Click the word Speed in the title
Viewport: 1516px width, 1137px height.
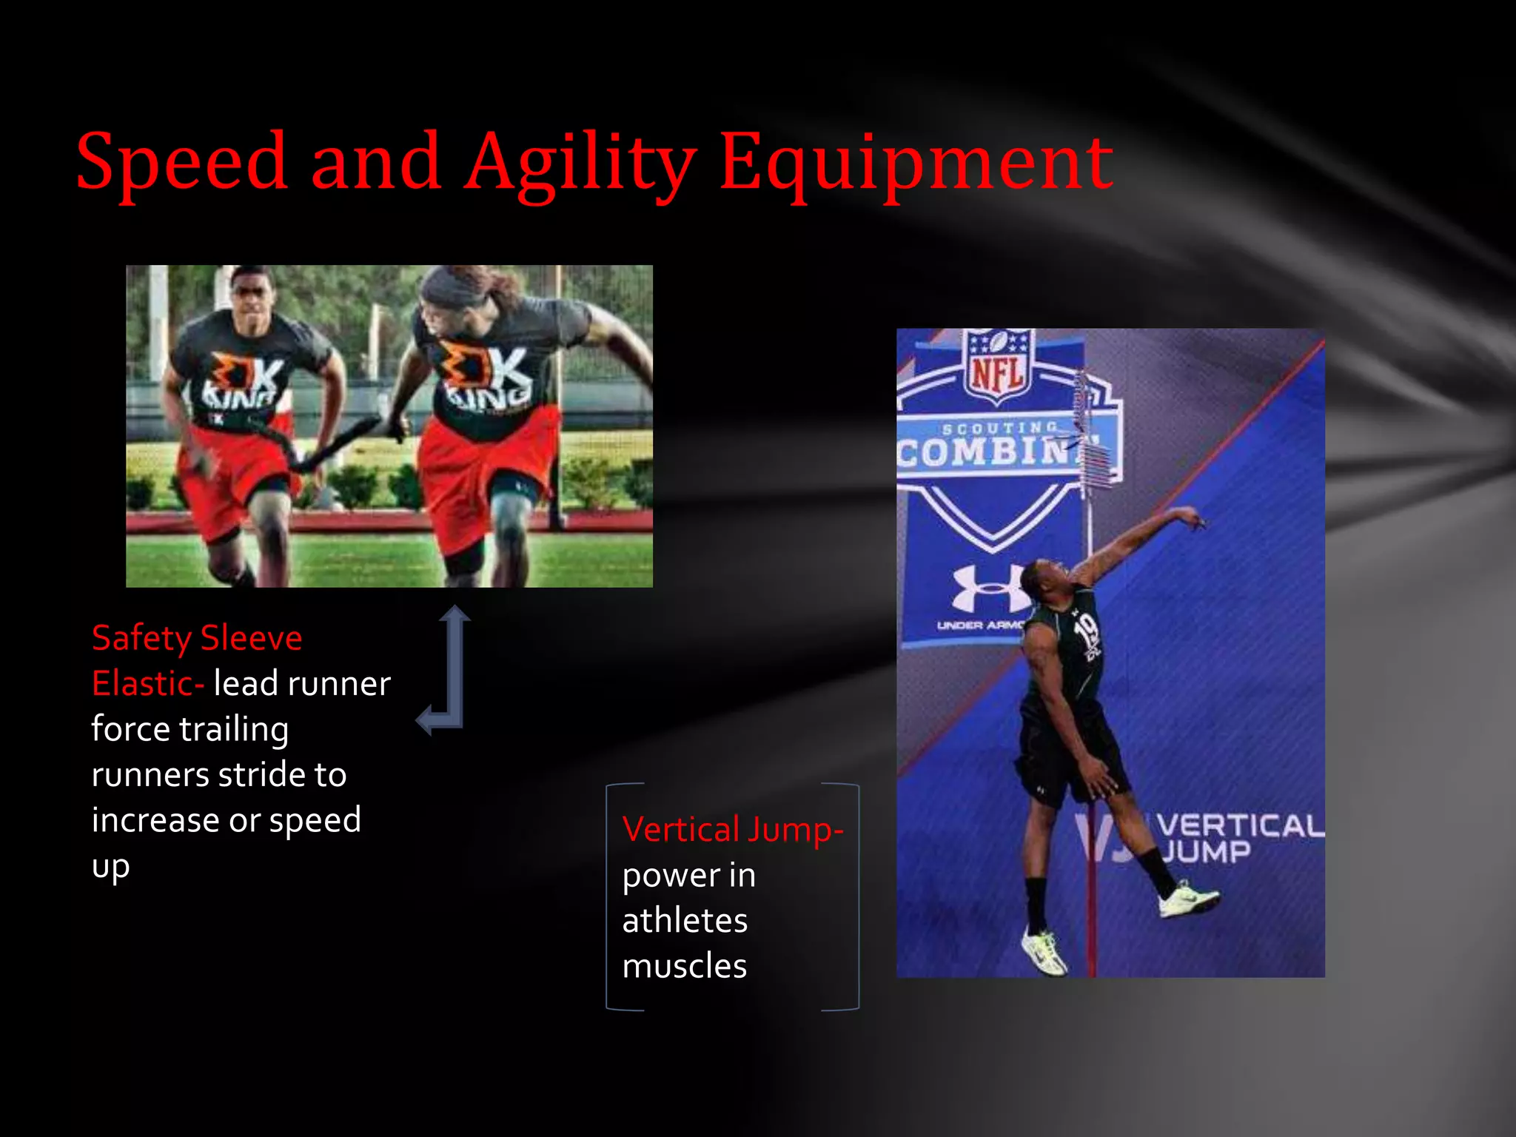tap(181, 161)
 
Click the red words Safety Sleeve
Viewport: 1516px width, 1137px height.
tap(197, 638)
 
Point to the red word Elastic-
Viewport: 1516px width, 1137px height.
tap(147, 683)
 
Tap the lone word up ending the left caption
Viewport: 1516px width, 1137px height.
tap(110, 866)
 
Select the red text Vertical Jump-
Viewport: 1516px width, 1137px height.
tap(732, 829)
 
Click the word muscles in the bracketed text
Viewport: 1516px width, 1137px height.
tap(684, 966)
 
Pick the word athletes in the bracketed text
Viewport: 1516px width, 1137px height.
tap(684, 921)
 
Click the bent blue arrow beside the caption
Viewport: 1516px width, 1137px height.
tap(447, 670)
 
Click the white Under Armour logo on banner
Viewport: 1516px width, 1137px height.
tap(987, 588)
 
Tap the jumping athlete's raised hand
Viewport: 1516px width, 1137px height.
tap(1190, 516)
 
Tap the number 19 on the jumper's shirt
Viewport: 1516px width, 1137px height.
tap(1087, 631)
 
